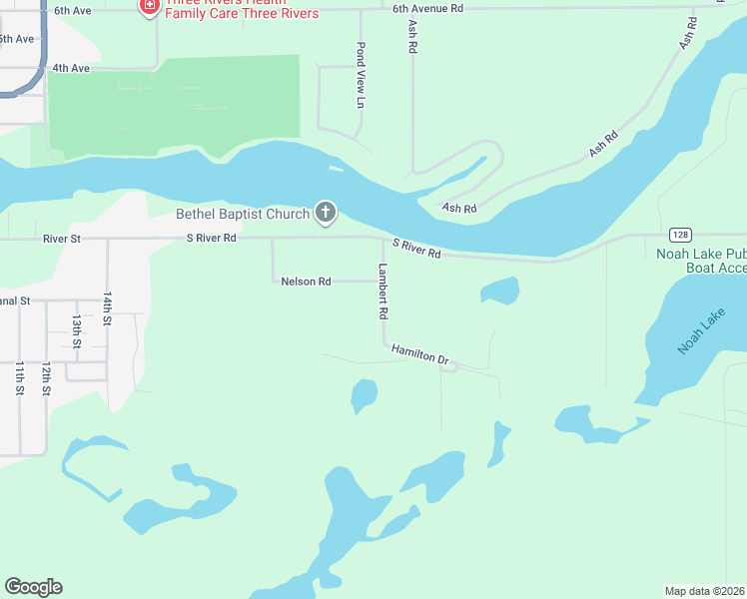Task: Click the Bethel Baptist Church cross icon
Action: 325,212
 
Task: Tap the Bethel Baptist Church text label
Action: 243,213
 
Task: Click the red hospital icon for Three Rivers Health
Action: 150,6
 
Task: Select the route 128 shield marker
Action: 680,235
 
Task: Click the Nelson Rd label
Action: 306,282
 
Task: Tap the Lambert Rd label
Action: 381,291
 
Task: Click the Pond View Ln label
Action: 361,75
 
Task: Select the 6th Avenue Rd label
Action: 428,8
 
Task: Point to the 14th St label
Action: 107,309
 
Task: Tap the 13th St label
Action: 76,331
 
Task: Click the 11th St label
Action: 19,378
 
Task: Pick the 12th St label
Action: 46,378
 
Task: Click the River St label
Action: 61,239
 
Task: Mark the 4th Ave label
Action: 71,68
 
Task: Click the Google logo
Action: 33,587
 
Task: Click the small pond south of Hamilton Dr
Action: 364,394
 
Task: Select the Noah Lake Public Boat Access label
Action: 700,261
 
